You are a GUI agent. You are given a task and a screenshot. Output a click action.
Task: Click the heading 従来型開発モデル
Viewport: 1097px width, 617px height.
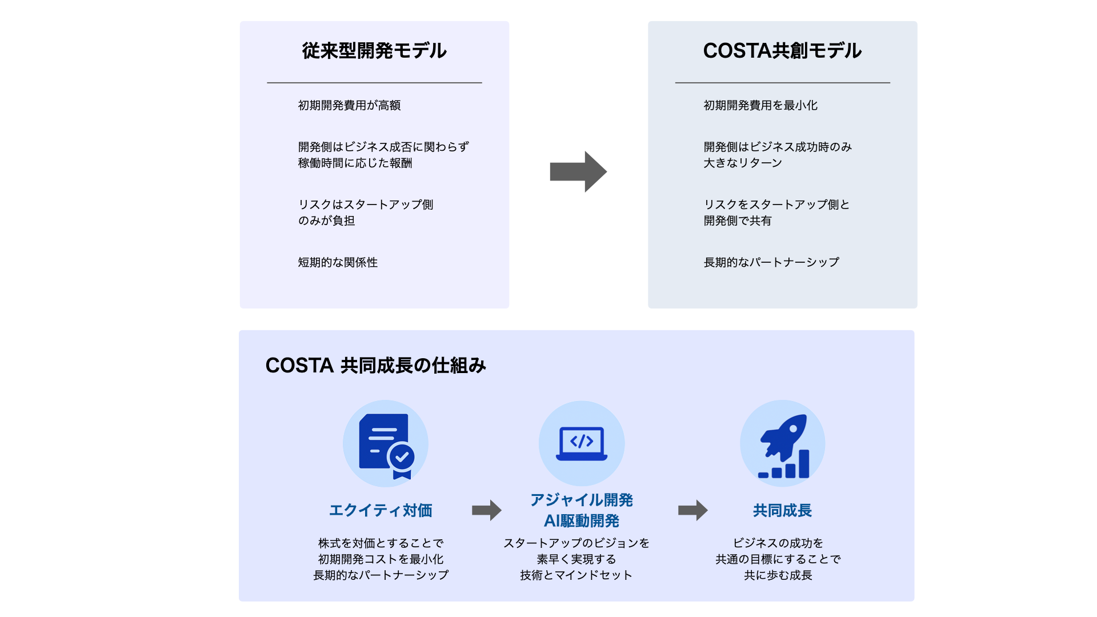pos(374,51)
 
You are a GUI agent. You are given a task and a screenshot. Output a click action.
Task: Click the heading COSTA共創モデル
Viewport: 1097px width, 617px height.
pos(782,51)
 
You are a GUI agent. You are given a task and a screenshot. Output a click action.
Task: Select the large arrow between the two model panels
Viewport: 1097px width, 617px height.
pos(578,171)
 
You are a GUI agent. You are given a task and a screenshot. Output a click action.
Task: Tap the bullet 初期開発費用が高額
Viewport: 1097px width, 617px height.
pos(349,105)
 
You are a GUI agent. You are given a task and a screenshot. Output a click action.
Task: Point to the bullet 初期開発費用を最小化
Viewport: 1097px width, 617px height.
pos(760,105)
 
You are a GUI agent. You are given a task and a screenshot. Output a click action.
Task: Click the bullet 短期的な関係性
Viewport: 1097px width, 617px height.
pos(338,262)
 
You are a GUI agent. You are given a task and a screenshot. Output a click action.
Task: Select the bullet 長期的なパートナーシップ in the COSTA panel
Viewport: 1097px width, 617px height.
pos(771,262)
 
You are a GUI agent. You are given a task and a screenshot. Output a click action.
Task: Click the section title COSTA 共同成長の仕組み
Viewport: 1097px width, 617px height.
pos(375,366)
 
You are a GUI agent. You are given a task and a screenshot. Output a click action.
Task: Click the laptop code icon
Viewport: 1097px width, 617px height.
pos(582,443)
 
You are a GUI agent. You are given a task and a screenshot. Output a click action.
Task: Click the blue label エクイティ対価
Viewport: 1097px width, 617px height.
pos(381,510)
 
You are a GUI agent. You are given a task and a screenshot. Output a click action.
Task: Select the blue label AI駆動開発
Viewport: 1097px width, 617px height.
pos(582,521)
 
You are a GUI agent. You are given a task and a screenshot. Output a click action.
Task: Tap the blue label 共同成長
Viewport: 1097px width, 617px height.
pos(782,510)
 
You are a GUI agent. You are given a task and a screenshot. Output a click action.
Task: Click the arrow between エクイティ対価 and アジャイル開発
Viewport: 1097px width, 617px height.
pos(486,510)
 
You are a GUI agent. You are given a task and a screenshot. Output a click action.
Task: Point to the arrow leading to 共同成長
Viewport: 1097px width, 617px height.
pos(692,510)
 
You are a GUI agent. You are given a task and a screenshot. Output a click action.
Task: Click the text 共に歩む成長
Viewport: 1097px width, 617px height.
pos(778,575)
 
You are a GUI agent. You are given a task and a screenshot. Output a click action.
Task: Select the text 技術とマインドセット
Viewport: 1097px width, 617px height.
pos(576,575)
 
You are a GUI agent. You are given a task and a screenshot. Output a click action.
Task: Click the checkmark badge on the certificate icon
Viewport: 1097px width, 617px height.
pos(402,456)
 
